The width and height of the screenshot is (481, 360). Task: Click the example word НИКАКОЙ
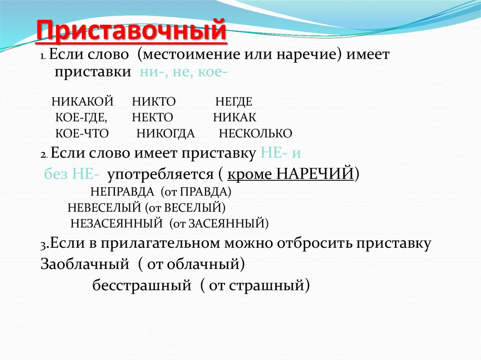coord(83,101)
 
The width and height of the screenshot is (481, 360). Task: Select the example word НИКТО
coord(154,101)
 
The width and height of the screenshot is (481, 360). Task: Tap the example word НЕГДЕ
coord(234,101)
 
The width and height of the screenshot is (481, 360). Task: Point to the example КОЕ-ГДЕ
coord(81,117)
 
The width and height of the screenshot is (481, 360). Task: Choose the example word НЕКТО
coord(153,117)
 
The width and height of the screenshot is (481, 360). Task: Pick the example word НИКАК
coord(234,117)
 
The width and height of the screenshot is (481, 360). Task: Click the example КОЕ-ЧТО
coord(82,134)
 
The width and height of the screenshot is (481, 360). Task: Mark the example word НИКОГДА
coord(165,134)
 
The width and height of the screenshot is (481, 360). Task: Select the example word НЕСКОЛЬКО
coord(255,134)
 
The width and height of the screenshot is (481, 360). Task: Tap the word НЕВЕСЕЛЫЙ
coord(104,207)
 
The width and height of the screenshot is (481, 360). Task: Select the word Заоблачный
coord(85,264)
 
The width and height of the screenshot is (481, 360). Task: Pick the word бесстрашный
coord(141,285)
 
